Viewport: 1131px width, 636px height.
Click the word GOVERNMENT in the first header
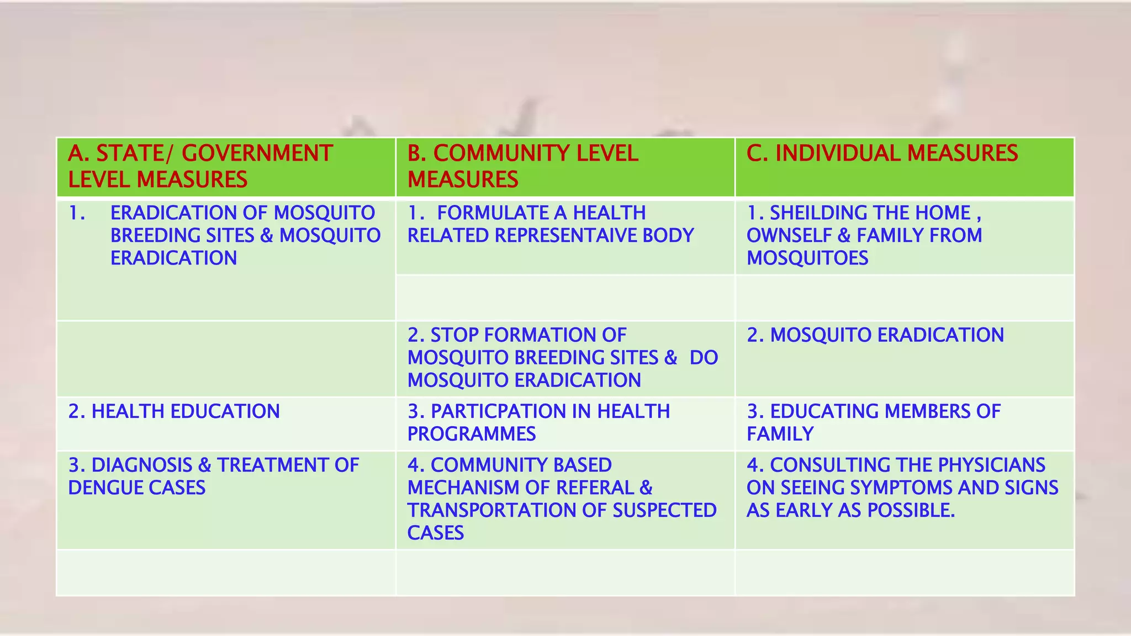[257, 153]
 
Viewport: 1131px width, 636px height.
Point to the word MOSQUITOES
[807, 258]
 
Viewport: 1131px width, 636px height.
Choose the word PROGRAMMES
[472, 434]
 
